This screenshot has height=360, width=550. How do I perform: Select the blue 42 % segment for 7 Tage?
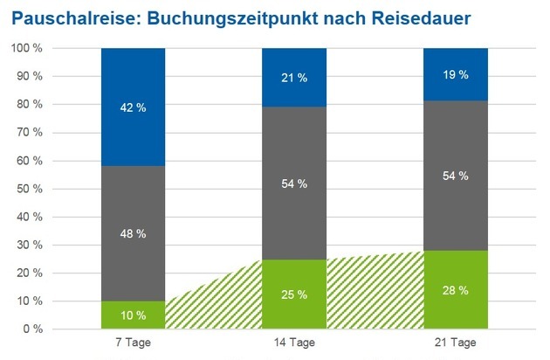[x=133, y=107]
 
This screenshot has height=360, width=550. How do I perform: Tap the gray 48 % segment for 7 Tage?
[x=133, y=233]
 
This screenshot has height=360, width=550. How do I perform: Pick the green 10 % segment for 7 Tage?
[x=133, y=315]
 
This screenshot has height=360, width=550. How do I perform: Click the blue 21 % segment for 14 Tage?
[x=294, y=78]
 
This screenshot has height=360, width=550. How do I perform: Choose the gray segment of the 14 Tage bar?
[x=294, y=183]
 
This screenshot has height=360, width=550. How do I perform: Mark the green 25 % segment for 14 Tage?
[x=294, y=294]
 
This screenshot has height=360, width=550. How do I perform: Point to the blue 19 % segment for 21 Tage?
[x=455, y=75]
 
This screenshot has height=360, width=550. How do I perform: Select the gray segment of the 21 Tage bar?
[x=455, y=176]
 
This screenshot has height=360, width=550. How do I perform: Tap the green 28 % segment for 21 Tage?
[x=455, y=290]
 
